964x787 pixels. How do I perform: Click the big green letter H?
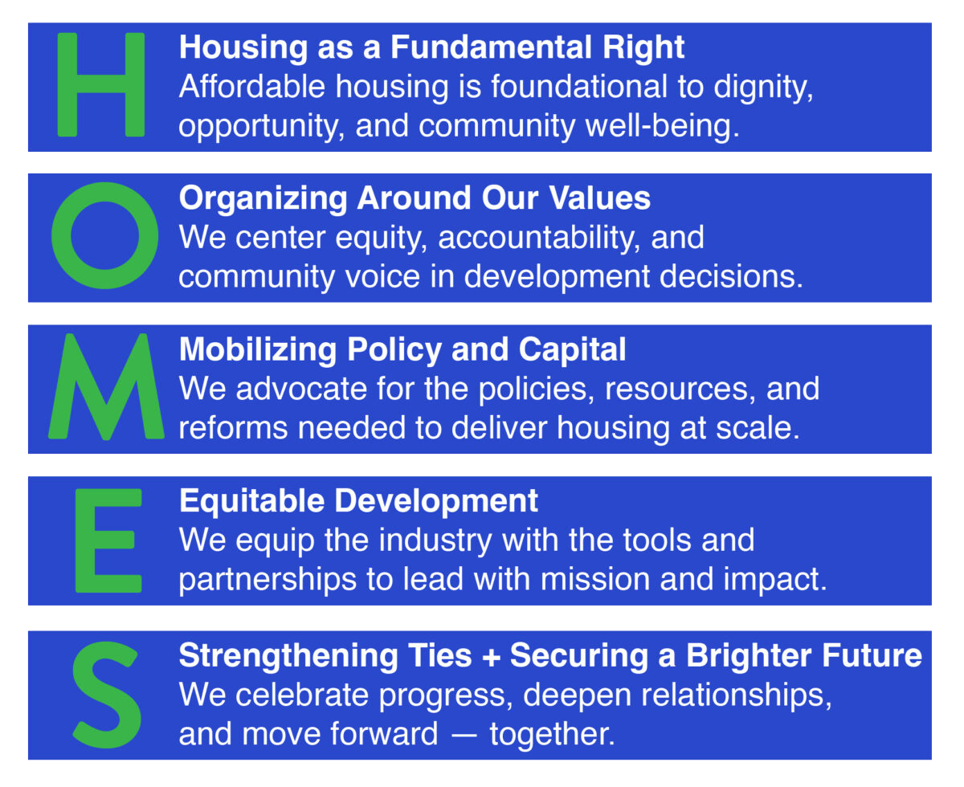click(x=101, y=84)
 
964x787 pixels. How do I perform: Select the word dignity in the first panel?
click(x=763, y=88)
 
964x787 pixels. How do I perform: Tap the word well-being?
click(x=662, y=127)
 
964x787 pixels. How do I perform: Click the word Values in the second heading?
click(x=599, y=198)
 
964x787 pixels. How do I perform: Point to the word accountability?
click(x=539, y=239)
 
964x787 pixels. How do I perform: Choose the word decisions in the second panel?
click(x=731, y=276)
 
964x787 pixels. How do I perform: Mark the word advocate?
click(x=301, y=389)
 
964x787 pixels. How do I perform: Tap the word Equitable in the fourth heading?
click(x=251, y=502)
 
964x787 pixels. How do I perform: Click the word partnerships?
click(x=268, y=580)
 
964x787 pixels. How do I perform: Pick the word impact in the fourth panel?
click(x=775, y=580)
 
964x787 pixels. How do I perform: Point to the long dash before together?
click(x=464, y=736)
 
